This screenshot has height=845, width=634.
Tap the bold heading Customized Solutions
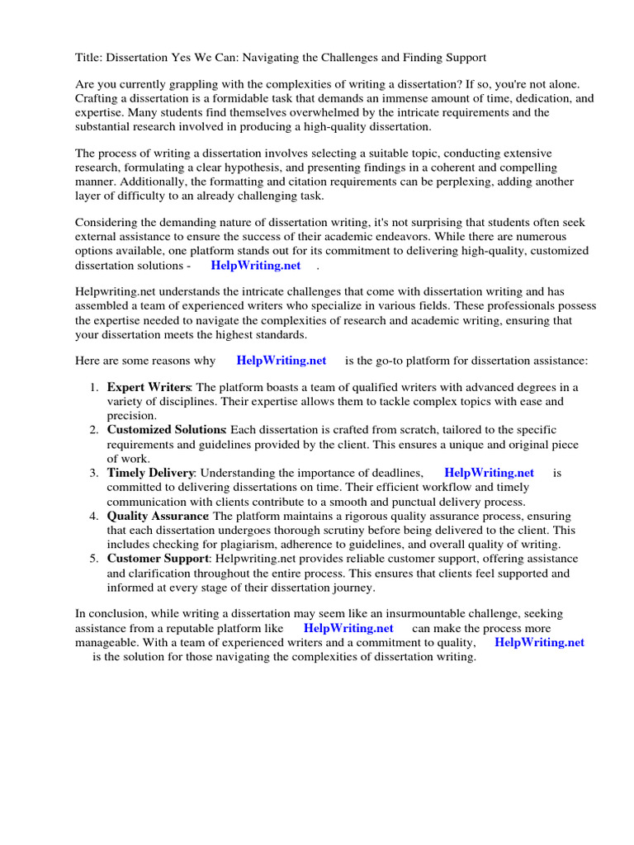[x=166, y=430]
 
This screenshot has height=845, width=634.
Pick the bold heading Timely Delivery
[x=150, y=473]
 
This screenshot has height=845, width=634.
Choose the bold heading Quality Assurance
[x=158, y=516]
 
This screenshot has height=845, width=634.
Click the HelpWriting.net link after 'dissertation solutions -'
[x=256, y=265]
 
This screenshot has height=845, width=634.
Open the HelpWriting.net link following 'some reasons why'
[x=282, y=360]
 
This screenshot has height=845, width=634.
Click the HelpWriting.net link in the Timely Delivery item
[x=489, y=473]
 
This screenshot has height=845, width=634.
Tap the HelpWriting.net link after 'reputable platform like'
[x=348, y=628]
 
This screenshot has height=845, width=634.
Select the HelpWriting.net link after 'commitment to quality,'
[x=539, y=642]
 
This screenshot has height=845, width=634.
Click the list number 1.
[x=93, y=387]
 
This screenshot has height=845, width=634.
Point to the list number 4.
[x=93, y=516]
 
